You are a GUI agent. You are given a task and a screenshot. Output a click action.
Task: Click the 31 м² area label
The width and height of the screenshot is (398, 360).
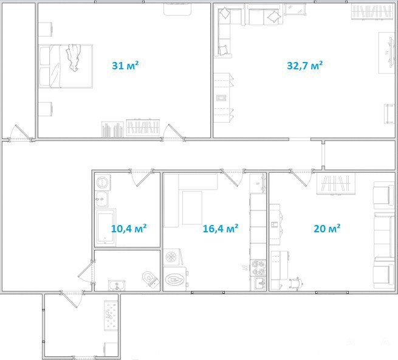pos(125,66)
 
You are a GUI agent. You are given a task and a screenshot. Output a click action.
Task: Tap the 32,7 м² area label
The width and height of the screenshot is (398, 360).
pos(304,66)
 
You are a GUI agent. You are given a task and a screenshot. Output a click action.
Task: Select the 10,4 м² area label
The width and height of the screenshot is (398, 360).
pos(129,229)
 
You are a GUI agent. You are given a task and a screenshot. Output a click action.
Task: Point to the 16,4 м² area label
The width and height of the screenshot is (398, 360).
pos(221,229)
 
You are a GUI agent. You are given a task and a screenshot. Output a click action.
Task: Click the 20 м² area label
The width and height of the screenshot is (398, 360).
pos(327,229)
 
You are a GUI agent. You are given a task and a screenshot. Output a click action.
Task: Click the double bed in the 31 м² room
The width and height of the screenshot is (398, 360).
pos(66,66)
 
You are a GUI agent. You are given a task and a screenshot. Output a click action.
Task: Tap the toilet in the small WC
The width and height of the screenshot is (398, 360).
pos(150,279)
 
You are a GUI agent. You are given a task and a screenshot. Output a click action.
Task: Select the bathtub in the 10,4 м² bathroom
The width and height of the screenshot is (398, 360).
pos(105,227)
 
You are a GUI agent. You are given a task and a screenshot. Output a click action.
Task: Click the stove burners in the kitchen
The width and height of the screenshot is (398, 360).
pos(258,268)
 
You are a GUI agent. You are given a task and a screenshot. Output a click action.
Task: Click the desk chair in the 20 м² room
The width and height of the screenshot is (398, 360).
pos(296,283)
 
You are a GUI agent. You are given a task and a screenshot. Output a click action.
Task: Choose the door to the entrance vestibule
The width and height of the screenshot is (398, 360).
pos(72,299)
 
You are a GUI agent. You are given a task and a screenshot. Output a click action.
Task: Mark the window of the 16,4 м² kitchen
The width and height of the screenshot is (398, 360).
pos(208,292)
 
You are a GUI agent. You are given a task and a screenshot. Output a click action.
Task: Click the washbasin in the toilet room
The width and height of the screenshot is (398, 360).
pos(117,285)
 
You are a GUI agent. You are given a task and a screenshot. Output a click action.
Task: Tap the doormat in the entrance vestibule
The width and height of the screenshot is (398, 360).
pos(111,315)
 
